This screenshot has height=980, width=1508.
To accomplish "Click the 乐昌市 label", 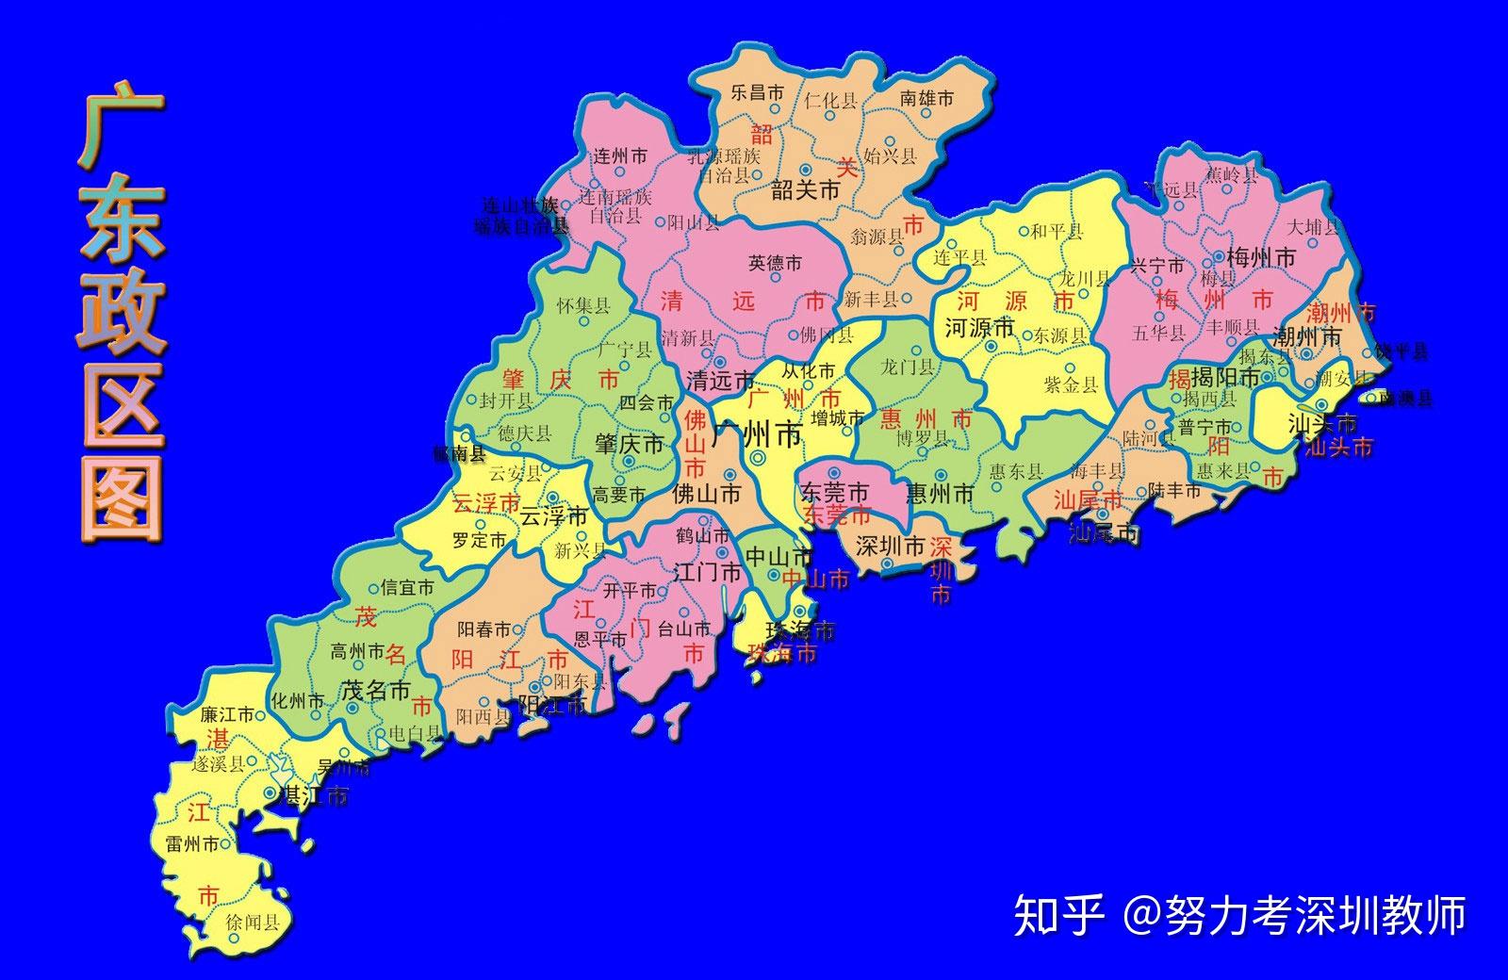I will (757, 92).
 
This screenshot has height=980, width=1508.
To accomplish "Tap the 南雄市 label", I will (926, 97).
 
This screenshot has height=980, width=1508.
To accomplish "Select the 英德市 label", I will (776, 264).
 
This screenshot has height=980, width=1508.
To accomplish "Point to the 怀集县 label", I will (583, 305).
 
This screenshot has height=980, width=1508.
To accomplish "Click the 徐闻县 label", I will (254, 923).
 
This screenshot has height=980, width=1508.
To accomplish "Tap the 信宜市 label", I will (407, 587).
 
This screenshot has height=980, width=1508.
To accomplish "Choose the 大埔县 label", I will (1313, 227).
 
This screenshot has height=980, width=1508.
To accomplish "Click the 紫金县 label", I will (1071, 384).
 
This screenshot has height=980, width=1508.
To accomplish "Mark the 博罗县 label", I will (922, 438).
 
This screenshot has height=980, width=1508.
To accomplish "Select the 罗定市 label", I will (479, 540).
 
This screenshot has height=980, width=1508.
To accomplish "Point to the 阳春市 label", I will (484, 629).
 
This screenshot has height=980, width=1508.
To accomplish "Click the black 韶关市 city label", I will (805, 190).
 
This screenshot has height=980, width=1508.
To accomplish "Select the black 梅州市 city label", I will (1260, 257).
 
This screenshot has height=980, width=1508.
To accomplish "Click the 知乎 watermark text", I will (1057, 914).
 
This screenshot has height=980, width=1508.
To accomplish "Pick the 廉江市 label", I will (227, 714).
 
